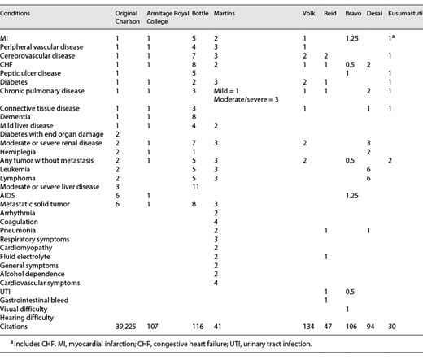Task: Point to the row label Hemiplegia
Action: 17,151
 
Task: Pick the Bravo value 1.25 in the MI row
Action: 351,38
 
